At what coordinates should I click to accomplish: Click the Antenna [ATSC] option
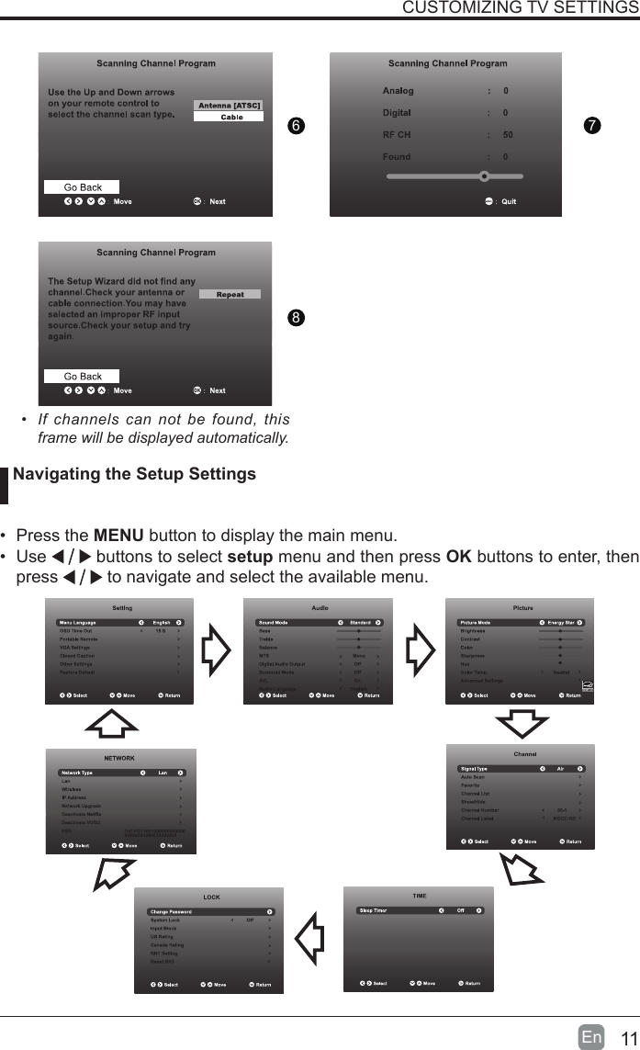click(x=229, y=106)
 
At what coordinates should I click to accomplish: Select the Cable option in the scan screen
click(x=230, y=118)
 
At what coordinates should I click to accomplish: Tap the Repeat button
click(x=230, y=295)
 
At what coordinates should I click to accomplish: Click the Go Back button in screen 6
click(x=83, y=187)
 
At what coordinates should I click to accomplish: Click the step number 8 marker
click(x=295, y=318)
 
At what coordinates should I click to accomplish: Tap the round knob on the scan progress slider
click(x=484, y=175)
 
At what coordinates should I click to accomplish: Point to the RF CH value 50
click(x=508, y=135)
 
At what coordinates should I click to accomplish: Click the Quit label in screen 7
click(x=508, y=202)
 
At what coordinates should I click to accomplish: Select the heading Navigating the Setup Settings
click(x=134, y=475)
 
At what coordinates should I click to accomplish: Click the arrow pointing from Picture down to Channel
click(x=520, y=723)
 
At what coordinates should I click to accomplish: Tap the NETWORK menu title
click(x=119, y=759)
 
